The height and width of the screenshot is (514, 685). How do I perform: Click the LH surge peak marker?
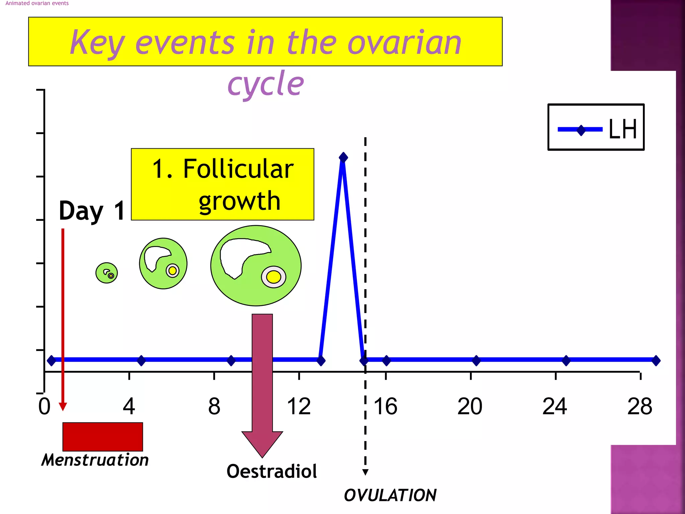[343, 157]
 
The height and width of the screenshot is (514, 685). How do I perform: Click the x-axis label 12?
[299, 406]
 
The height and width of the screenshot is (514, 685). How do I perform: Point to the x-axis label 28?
[640, 406]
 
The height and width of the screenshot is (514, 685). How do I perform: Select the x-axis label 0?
[44, 406]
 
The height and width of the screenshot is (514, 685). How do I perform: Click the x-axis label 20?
[470, 406]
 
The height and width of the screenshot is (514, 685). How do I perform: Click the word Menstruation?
[95, 460]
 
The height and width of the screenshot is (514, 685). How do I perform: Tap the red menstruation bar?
[103, 437]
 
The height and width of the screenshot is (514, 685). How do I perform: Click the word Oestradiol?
[272, 471]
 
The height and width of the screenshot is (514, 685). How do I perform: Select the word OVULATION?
[390, 495]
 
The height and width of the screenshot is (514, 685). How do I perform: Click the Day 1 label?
[92, 211]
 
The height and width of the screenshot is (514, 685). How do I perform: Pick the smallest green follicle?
[106, 273]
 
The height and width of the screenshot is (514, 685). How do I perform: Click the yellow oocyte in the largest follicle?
[274, 277]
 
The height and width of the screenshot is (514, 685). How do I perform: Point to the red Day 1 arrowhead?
[63, 406]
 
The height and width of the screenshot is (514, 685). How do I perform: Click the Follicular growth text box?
[222, 184]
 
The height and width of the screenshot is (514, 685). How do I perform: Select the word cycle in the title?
[266, 84]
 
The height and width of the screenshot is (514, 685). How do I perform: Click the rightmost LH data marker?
[656, 360]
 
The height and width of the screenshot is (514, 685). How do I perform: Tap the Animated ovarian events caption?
[37, 3]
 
